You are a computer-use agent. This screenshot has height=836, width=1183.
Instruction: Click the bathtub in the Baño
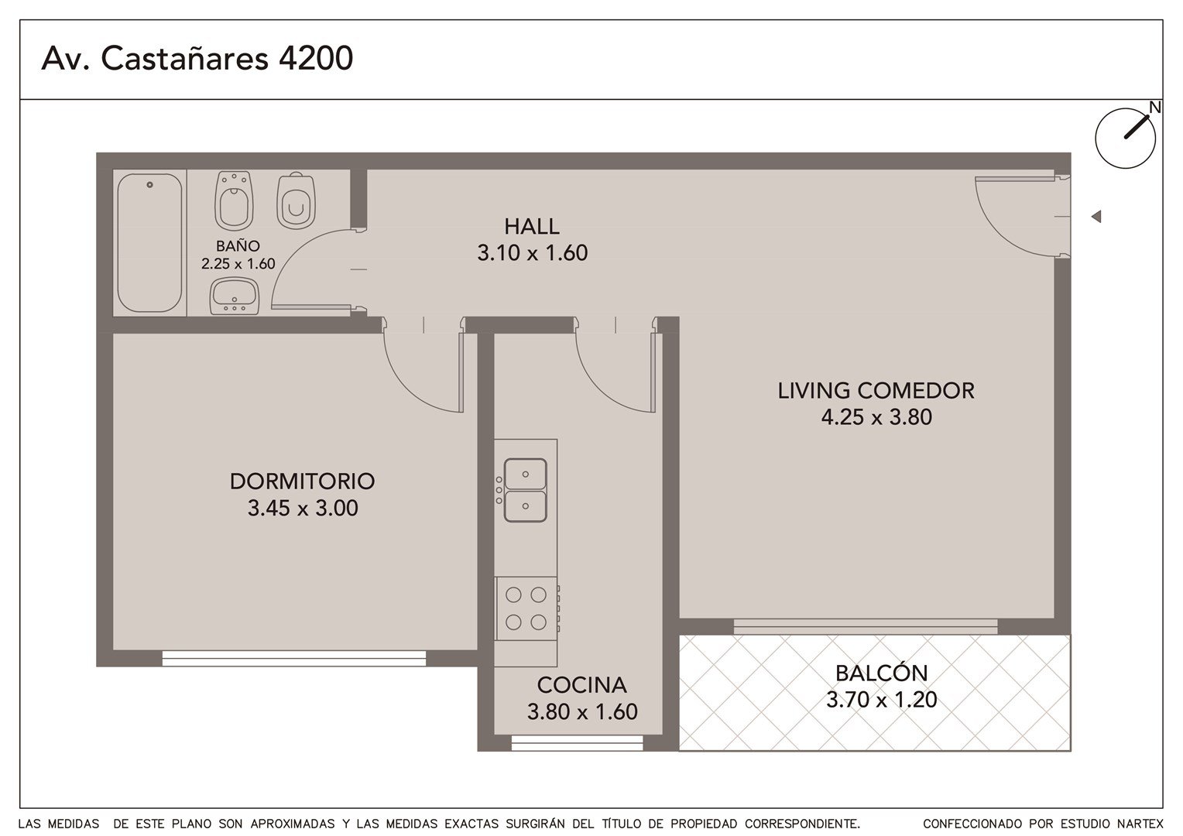pos(149,243)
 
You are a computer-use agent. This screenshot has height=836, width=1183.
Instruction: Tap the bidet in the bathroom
pos(234,200)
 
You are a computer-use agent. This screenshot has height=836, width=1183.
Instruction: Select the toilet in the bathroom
pos(296,200)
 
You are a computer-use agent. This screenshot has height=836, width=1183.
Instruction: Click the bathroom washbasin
pos(235,296)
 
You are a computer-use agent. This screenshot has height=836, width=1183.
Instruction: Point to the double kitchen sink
pos(525,490)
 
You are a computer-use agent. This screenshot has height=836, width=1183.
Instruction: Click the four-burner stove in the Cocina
pos(526,608)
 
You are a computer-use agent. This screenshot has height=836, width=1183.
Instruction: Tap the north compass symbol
pos(1126,137)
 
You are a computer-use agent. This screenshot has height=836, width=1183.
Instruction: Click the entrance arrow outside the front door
pos(1096,217)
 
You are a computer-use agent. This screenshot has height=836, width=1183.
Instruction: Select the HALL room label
pos(532,227)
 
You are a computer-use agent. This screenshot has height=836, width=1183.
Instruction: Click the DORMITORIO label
pos(303,481)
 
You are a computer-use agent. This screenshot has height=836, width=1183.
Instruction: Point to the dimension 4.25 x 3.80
pos(876,417)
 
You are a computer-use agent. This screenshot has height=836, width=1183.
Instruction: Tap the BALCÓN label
pos(881,673)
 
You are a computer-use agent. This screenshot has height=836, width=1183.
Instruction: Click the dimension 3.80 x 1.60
pos(582,712)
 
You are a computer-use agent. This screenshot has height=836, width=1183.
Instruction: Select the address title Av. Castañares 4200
pos(197,58)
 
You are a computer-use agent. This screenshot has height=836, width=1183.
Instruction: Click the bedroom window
pos(293,658)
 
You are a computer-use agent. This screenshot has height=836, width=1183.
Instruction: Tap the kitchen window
pos(578,742)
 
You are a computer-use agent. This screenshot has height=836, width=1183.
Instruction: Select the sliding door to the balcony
pos(865,626)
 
